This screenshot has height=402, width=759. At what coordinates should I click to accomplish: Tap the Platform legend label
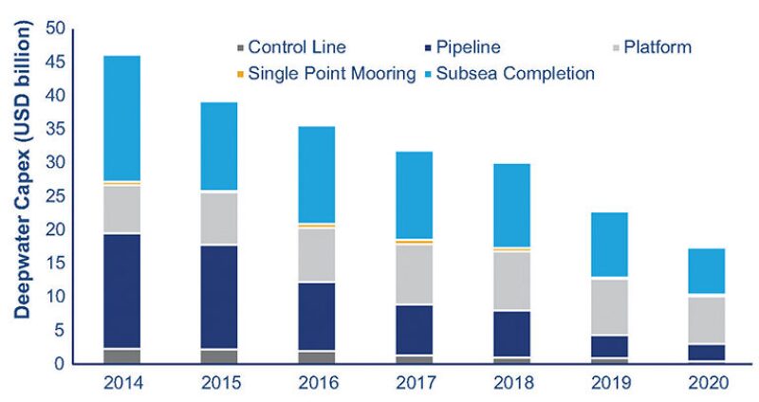coord(657,46)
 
